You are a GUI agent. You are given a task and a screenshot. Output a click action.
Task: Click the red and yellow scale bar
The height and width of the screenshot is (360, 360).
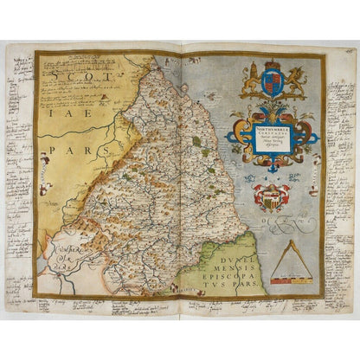[x=291, y=279]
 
